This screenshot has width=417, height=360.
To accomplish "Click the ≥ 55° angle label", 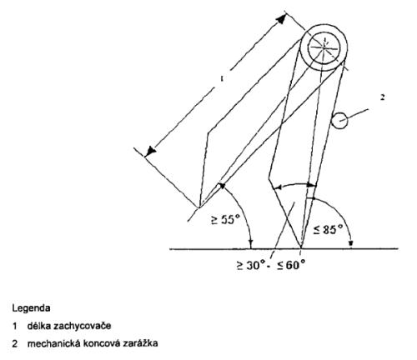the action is (225, 219).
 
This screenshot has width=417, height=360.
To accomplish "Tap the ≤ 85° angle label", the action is (328, 229).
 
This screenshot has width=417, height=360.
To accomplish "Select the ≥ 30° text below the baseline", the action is (250, 265).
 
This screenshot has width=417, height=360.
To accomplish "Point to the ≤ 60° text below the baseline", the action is (291, 265).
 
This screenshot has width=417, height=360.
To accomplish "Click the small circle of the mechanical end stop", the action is (339, 121).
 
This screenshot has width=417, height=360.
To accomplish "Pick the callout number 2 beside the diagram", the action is (383, 97).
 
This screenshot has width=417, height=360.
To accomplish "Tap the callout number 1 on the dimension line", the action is (222, 79).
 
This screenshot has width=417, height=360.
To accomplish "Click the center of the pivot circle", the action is (324, 47).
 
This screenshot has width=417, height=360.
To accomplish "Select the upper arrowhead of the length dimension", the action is (281, 19).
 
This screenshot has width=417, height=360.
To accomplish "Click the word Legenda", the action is (31, 308).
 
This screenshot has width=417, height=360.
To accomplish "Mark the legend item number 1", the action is (14, 326).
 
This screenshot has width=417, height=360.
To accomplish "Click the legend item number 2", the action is (15, 343).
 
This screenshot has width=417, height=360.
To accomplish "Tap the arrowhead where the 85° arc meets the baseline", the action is (351, 244).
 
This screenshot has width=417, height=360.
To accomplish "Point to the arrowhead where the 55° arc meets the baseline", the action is (251, 244).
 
